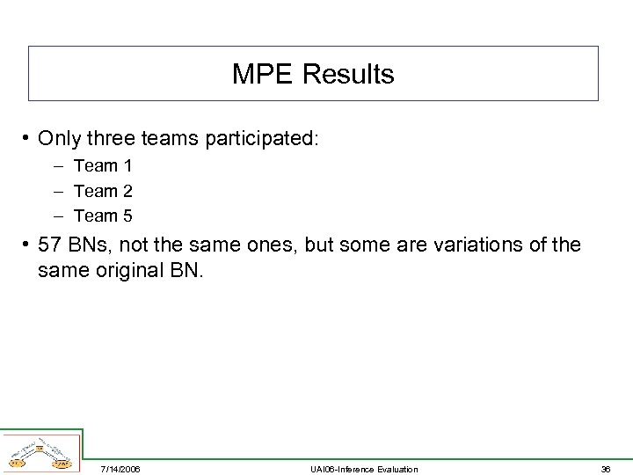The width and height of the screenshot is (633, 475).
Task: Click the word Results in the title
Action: pos(348,75)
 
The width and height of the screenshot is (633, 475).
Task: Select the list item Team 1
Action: pos(103,165)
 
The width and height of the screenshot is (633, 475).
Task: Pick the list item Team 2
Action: pos(103,191)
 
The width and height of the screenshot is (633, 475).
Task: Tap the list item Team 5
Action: pos(103,216)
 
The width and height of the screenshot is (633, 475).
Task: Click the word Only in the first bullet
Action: pos(59,139)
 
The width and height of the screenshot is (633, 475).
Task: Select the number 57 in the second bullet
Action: pos(51,245)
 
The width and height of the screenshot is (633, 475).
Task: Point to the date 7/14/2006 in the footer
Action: pos(120,469)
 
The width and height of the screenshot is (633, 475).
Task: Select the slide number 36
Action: pos(604,469)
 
